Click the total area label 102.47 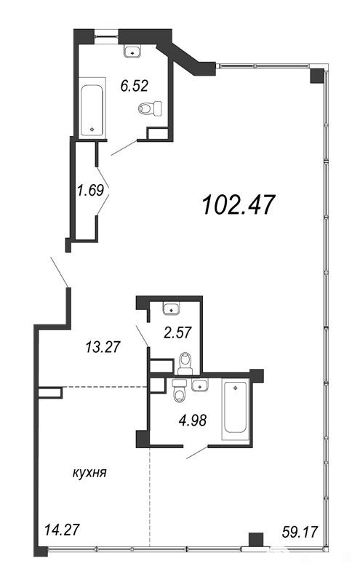[239, 205]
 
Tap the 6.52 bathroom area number [134, 86]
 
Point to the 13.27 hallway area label [103, 347]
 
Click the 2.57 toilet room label [177, 332]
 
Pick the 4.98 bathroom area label [192, 421]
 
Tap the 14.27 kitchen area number [62, 530]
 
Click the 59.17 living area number [300, 532]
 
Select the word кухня [89, 473]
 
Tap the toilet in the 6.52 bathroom [151, 108]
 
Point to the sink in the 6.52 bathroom [132, 51]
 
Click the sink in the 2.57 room [171, 308]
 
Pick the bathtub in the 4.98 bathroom [236, 409]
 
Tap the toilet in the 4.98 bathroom [179, 391]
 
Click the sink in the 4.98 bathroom [200, 386]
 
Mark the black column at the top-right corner [317, 76]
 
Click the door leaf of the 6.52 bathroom [124, 148]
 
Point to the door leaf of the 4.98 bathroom [197, 452]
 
